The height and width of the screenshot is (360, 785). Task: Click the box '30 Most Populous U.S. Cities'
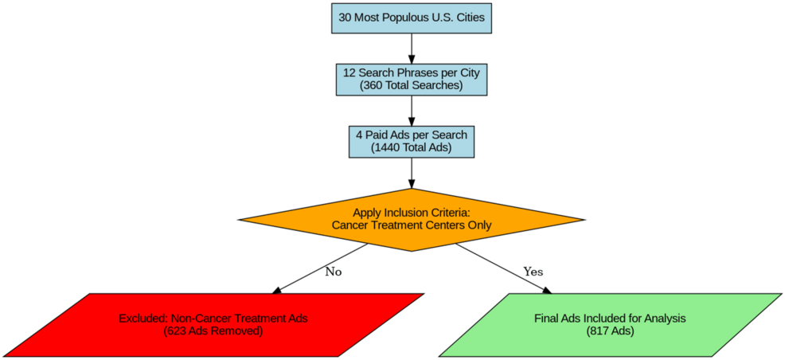[411, 17]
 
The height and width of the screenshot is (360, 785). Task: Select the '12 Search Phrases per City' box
[411, 78]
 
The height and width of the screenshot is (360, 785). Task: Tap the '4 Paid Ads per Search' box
[411, 140]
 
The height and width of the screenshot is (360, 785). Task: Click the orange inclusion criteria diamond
[411, 219]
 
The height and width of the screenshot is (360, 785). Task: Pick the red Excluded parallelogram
[213, 324]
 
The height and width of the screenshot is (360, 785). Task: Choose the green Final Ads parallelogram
[610, 324]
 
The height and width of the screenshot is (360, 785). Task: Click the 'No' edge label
[334, 272]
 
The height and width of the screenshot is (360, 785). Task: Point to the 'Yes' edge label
[533, 272]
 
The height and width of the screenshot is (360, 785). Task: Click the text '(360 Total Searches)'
[411, 85]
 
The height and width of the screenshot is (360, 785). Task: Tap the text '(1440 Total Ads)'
[411, 147]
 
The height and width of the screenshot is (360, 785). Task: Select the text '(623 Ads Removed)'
[213, 331]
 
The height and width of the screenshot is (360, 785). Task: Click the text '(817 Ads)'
[610, 331]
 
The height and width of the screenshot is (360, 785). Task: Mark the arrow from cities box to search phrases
[411, 47]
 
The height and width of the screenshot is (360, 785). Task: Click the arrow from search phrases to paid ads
[411, 109]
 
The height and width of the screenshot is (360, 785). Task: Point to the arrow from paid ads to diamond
[411, 173]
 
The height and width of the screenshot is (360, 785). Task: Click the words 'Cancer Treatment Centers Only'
[411, 226]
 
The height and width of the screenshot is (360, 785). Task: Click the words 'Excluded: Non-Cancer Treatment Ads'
[213, 318]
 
